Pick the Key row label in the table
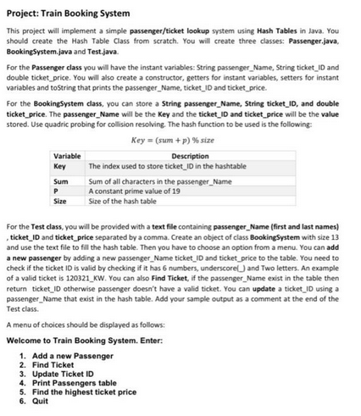[62, 166]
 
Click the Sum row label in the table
[62, 180]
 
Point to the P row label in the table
[58, 190]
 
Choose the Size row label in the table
[62, 199]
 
